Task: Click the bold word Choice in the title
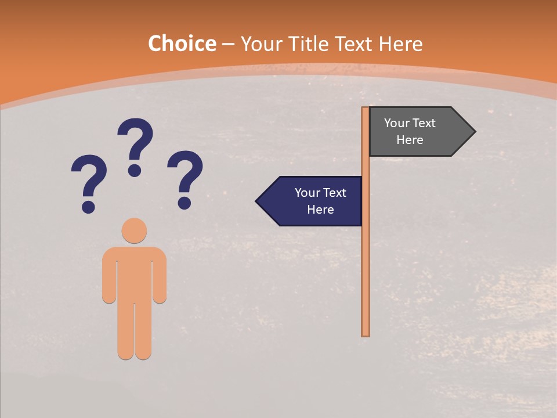[182, 44]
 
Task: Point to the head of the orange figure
[134, 230]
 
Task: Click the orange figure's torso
[134, 273]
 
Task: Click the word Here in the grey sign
[410, 140]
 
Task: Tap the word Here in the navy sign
[320, 210]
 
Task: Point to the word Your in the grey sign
[396, 123]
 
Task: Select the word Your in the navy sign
[307, 193]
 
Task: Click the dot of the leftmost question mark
[88, 206]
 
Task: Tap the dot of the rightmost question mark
[185, 203]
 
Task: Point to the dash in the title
[228, 45]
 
